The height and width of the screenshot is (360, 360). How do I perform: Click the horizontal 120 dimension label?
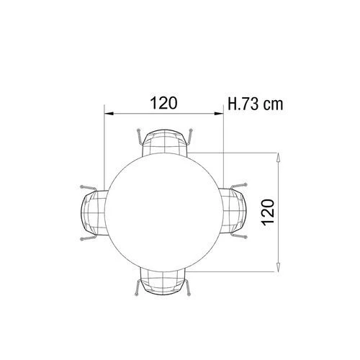coord(164,103)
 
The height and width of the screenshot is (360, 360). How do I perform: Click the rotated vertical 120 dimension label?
coord(269,212)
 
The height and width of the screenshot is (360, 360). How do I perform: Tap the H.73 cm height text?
coord(256,104)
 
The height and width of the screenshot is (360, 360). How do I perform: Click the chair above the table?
coord(165,142)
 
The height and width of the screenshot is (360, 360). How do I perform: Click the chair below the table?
coord(163,282)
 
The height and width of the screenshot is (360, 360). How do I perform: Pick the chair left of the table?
coord(94,212)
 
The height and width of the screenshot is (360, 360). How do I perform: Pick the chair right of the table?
coord(233,211)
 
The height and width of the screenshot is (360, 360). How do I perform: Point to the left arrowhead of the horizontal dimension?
coord(109,114)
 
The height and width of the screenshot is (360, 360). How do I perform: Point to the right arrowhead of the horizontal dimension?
coord(219,114)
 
